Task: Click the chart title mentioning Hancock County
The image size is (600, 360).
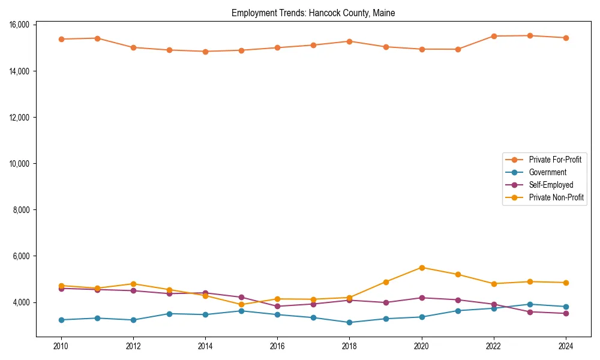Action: click(313, 13)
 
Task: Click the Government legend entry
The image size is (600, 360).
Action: click(547, 172)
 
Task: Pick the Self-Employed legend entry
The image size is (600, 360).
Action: click(551, 185)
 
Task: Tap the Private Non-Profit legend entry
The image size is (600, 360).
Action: click(556, 197)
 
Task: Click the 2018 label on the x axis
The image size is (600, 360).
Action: click(349, 346)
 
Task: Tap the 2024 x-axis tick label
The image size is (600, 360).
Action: click(566, 346)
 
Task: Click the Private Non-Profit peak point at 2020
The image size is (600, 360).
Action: click(422, 268)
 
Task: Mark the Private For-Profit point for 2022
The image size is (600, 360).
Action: click(494, 36)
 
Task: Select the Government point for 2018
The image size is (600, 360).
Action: click(349, 322)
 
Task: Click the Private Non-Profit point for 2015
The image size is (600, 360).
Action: click(241, 305)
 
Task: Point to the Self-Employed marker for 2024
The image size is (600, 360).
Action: click(566, 313)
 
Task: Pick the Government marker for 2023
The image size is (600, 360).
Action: click(530, 304)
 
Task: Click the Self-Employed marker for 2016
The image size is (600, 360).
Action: click(277, 306)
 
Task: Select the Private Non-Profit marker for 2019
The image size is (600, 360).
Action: click(386, 282)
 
